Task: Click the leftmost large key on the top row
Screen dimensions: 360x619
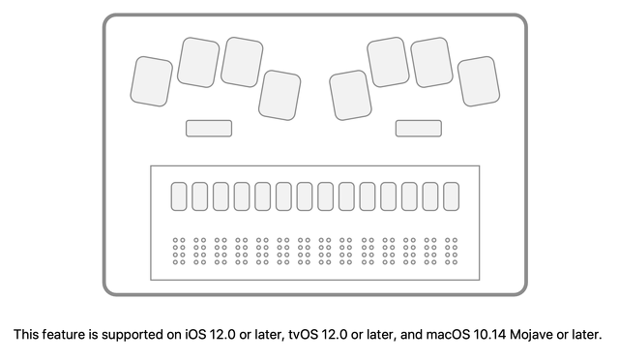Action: pyautogui.click(x=152, y=80)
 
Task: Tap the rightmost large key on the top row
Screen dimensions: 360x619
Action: pyautogui.click(x=478, y=81)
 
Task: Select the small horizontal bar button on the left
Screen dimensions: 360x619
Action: pyautogui.click(x=208, y=128)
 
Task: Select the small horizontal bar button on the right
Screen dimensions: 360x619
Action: pyautogui.click(x=418, y=128)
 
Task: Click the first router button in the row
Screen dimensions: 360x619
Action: pyautogui.click(x=179, y=196)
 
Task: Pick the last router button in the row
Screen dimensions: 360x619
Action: pyautogui.click(x=451, y=196)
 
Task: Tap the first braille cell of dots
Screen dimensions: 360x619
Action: pyautogui.click(x=179, y=250)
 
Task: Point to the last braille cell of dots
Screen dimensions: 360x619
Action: pyautogui.click(x=451, y=250)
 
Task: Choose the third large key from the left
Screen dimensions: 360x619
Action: pyautogui.click(x=242, y=62)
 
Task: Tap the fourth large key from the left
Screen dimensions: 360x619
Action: pyautogui.click(x=280, y=95)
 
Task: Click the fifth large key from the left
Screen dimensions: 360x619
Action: pyautogui.click(x=350, y=95)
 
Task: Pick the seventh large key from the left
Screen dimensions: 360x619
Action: pyautogui.click(x=431, y=62)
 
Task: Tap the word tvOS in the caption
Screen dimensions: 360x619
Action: pyautogui.click(x=303, y=336)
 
